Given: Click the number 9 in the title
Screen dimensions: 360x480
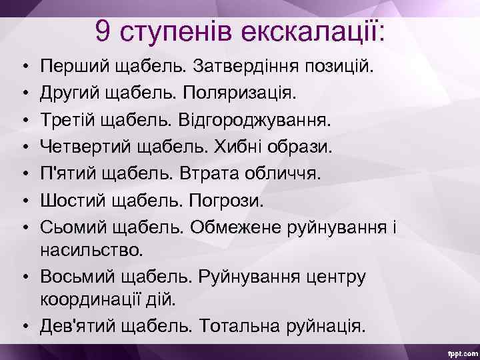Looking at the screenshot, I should click(102, 30).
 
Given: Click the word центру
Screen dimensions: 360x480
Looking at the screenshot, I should click(327, 276).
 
